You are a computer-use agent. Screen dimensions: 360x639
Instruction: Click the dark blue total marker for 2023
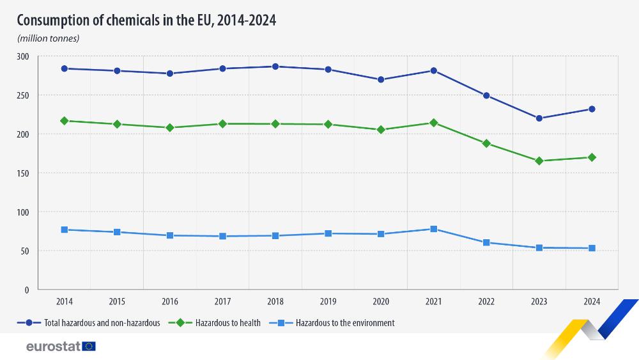(x=539, y=118)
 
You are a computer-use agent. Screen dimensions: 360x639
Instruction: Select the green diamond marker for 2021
(x=433, y=123)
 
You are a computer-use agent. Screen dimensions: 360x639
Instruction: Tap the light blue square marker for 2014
(x=64, y=230)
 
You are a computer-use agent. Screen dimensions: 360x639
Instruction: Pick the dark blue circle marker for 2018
(x=275, y=67)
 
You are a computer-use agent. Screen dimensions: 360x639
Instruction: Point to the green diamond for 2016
(x=169, y=128)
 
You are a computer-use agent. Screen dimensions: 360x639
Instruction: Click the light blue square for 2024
(x=592, y=248)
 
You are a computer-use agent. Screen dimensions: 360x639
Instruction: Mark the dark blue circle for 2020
(x=381, y=80)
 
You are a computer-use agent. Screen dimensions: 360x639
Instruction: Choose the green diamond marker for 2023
(x=539, y=161)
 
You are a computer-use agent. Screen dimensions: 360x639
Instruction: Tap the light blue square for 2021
(x=433, y=229)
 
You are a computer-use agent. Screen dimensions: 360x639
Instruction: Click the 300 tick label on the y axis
(x=23, y=56)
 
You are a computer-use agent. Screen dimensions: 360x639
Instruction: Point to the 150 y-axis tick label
(x=23, y=173)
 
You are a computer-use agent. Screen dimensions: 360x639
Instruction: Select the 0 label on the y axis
(x=26, y=290)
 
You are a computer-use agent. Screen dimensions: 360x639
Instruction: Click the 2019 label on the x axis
(x=328, y=301)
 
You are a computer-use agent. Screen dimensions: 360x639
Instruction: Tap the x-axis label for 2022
(x=486, y=301)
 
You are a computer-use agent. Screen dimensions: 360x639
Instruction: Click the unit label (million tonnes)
(x=49, y=38)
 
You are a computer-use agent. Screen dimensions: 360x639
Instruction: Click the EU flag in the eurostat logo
(x=89, y=346)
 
